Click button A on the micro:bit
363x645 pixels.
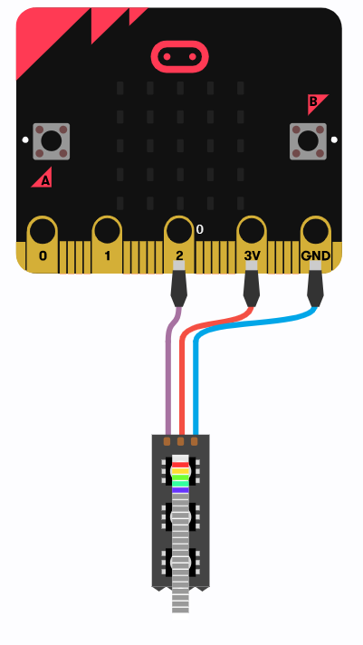pos(52,141)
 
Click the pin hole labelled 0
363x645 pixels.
pos(42,231)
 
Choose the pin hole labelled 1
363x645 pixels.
pos(107,231)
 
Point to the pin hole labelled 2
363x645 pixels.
pos(179,231)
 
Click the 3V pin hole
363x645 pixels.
pos(251,231)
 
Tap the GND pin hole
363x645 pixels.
pos(315,231)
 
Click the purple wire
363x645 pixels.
pos(168,371)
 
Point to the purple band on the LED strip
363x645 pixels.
pos(180,490)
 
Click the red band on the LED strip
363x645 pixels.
pos(180,465)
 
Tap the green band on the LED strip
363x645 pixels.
pos(180,477)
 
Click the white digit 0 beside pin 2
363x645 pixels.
pos(199,229)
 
